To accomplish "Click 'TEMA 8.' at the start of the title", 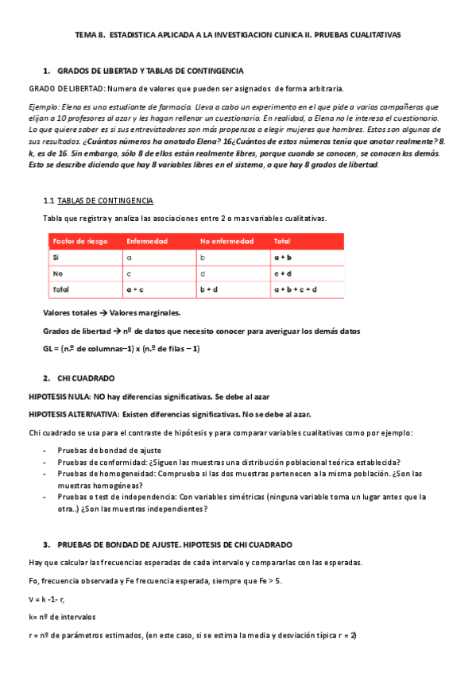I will click(88, 35).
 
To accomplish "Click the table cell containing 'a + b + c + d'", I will click(296, 289).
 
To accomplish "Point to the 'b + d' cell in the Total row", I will click(209, 289).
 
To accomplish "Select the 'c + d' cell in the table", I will click(283, 273).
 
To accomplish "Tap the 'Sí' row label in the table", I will click(56, 258).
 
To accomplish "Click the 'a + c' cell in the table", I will click(135, 289).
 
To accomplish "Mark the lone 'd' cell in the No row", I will click(203, 273).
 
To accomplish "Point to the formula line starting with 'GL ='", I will click(121, 348).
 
